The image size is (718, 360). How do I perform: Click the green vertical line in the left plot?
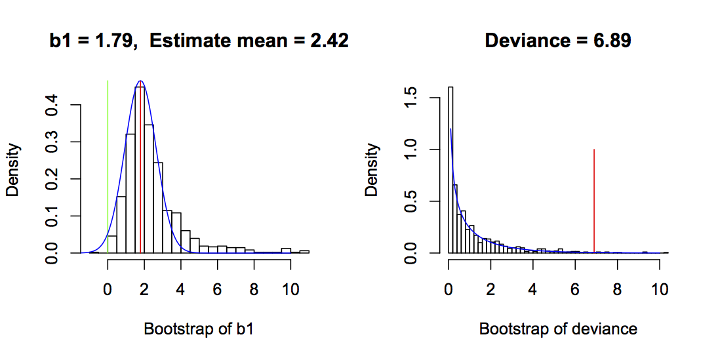click(x=108, y=164)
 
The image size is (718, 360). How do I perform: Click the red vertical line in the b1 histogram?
click(x=140, y=164)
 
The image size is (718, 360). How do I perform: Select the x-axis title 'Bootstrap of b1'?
click(x=198, y=329)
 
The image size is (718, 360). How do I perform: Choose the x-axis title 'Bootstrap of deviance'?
click(x=558, y=329)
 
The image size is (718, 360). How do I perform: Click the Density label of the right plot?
click(x=372, y=170)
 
